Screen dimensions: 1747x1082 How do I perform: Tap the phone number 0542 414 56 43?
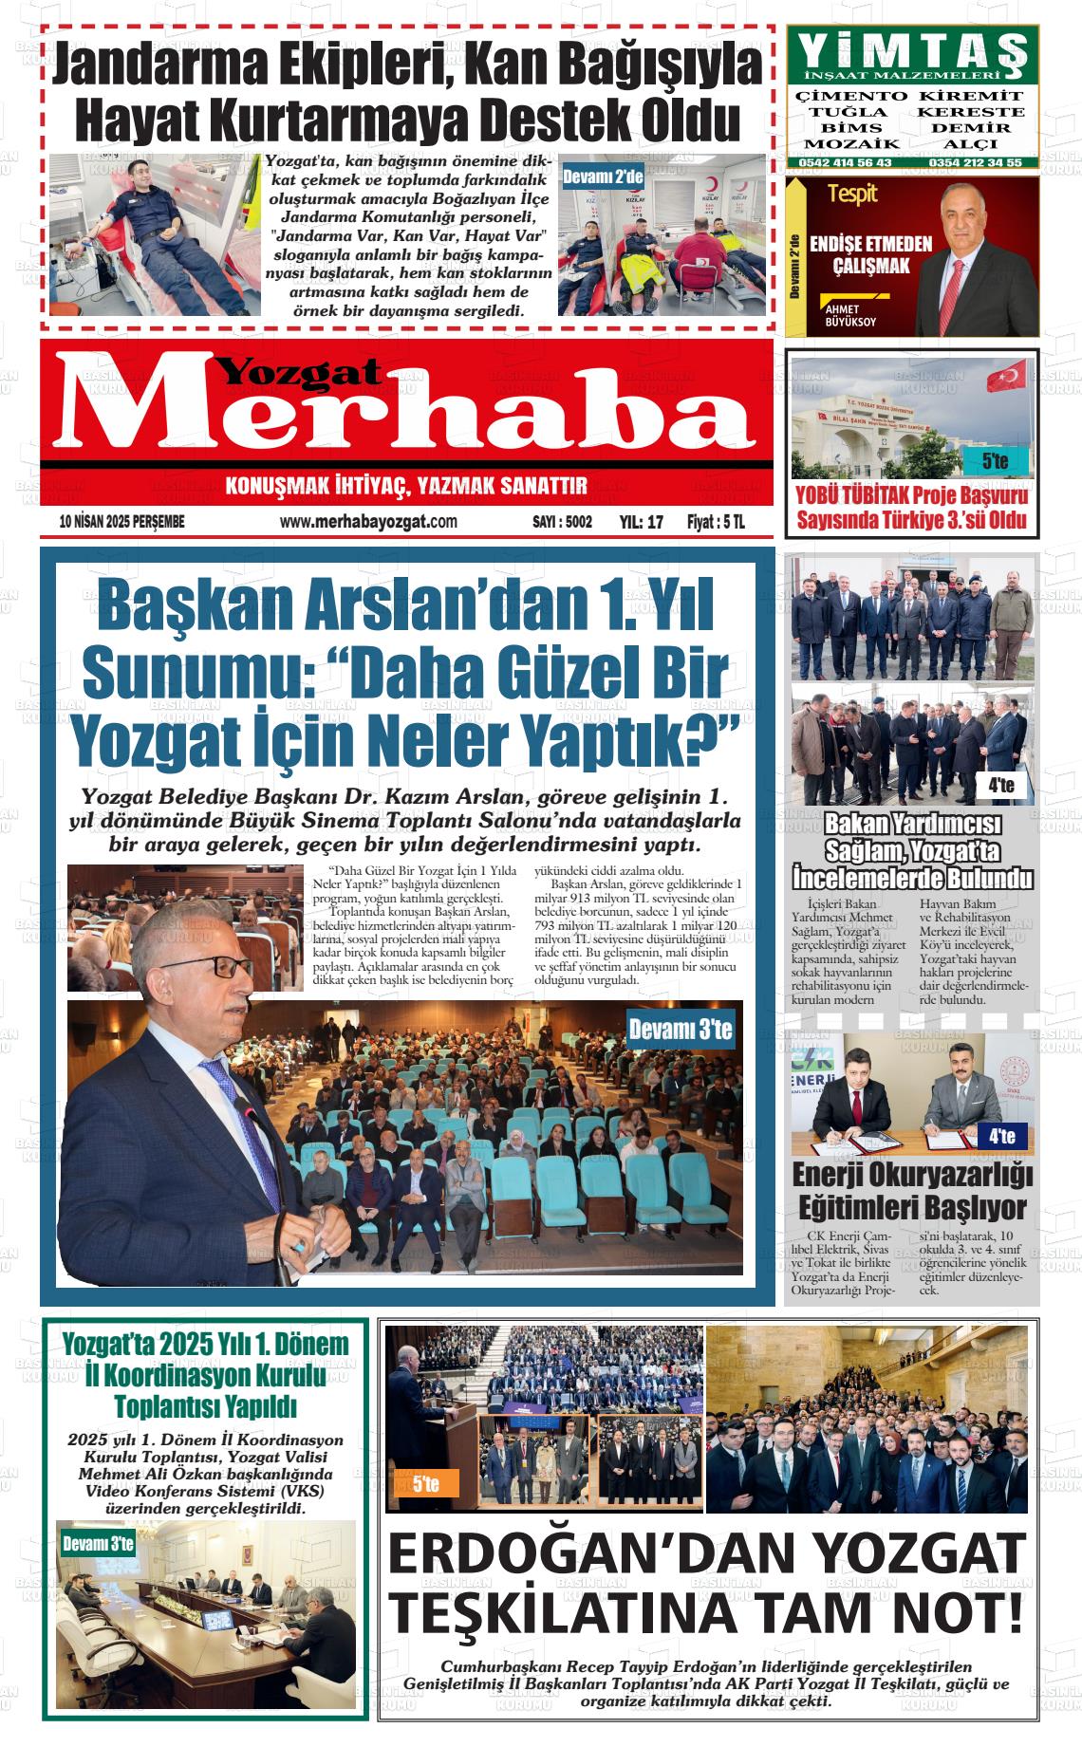click(845, 162)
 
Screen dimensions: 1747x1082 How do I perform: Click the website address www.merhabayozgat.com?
click(369, 521)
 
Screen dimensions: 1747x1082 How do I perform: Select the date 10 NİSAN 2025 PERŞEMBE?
click(121, 522)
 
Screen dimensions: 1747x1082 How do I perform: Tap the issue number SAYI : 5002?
click(562, 522)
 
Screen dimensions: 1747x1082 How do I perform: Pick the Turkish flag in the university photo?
click(1007, 378)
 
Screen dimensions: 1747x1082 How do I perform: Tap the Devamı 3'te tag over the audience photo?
click(681, 1030)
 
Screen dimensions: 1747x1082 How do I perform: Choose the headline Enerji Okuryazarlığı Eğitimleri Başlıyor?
click(911, 1192)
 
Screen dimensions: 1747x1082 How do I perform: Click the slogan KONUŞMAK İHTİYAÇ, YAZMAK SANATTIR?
click(406, 488)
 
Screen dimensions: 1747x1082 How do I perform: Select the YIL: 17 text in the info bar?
click(641, 522)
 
